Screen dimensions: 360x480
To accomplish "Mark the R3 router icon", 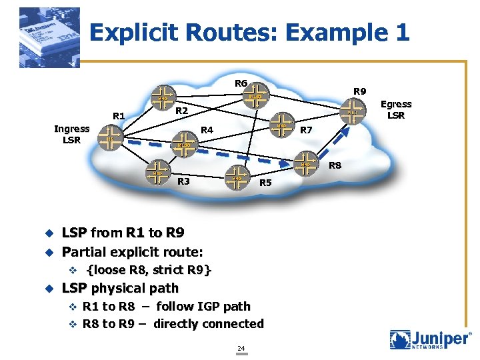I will (x=158, y=173).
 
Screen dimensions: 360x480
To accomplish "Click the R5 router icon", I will (x=236, y=178).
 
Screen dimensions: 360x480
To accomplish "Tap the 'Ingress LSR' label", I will (x=71, y=134).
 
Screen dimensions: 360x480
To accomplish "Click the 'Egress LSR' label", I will (x=396, y=109).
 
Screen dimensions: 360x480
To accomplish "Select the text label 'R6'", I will (x=241, y=83).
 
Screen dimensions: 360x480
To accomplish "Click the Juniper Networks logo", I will (x=431, y=340).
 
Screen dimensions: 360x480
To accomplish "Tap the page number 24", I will (x=241, y=348).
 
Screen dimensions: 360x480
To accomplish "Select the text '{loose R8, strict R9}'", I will (x=149, y=270).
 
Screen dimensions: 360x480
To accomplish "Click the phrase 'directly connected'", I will (x=209, y=323).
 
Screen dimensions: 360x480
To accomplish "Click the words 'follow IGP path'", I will (x=203, y=306).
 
